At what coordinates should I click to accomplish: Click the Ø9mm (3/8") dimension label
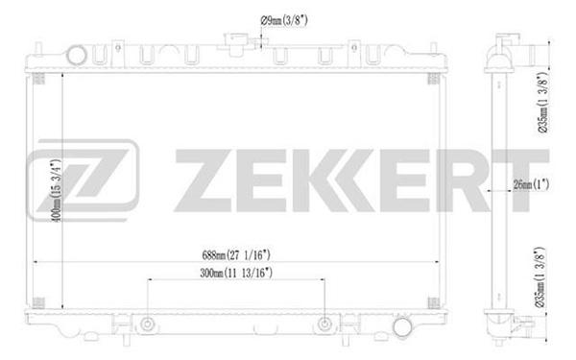[x=283, y=20]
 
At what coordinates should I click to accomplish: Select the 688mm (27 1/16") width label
[x=236, y=254]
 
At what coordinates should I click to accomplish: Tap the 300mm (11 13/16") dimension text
[x=236, y=273]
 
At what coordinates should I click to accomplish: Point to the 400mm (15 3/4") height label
[x=57, y=190]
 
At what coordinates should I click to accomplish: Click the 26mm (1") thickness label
[x=531, y=184]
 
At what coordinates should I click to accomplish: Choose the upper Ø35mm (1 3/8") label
[x=543, y=103]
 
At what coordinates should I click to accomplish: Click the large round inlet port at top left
[x=77, y=56]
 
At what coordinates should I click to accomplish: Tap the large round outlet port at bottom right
[x=402, y=327]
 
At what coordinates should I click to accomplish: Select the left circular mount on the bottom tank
[x=147, y=324]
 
